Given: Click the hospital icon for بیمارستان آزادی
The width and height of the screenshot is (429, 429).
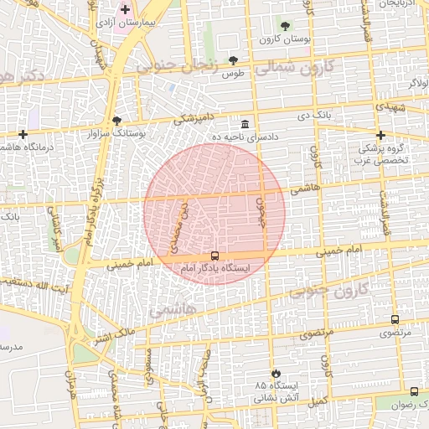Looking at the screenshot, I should pyautogui.click(x=125, y=10).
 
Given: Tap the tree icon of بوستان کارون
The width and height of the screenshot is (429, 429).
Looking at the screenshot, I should pyautogui.click(x=285, y=26).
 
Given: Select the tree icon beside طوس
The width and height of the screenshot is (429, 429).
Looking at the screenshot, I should pyautogui.click(x=232, y=59).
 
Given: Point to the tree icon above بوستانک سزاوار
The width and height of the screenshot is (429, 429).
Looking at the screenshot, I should pyautogui.click(x=116, y=121).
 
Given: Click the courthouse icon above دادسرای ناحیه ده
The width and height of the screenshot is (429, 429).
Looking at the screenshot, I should pyautogui.click(x=244, y=123).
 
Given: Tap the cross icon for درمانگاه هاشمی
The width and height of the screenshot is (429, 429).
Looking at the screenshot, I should pyautogui.click(x=23, y=134).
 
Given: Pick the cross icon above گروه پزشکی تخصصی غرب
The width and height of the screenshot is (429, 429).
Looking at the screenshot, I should pyautogui.click(x=380, y=135).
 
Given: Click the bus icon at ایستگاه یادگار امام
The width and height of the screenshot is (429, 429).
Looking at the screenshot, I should pyautogui.click(x=215, y=256).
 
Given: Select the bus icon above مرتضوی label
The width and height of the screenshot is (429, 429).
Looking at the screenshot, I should pyautogui.click(x=395, y=319).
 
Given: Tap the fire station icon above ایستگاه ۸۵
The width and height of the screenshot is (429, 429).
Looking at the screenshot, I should pyautogui.click(x=276, y=373).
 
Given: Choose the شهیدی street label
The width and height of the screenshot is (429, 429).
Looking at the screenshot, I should pyautogui.click(x=391, y=108).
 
